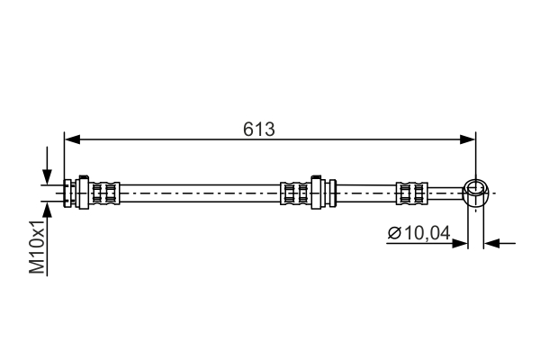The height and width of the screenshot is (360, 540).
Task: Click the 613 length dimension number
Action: pos(258,128)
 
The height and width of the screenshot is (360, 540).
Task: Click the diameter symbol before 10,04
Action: pos(394,234)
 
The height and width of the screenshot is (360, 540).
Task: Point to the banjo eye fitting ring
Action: pos(475,190)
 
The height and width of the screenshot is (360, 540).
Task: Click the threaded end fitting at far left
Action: pos(69,191)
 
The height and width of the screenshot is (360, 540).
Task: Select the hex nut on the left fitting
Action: pos(83,191)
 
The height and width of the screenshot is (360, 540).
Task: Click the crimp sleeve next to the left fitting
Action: pos(106,191)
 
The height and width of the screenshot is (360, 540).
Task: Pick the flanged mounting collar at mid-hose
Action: pos(317,191)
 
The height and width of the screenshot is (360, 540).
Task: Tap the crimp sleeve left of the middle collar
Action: pos(292,191)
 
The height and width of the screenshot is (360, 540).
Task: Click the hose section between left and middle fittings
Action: pos(198,191)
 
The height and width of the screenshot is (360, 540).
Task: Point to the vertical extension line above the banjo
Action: pos(475,157)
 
